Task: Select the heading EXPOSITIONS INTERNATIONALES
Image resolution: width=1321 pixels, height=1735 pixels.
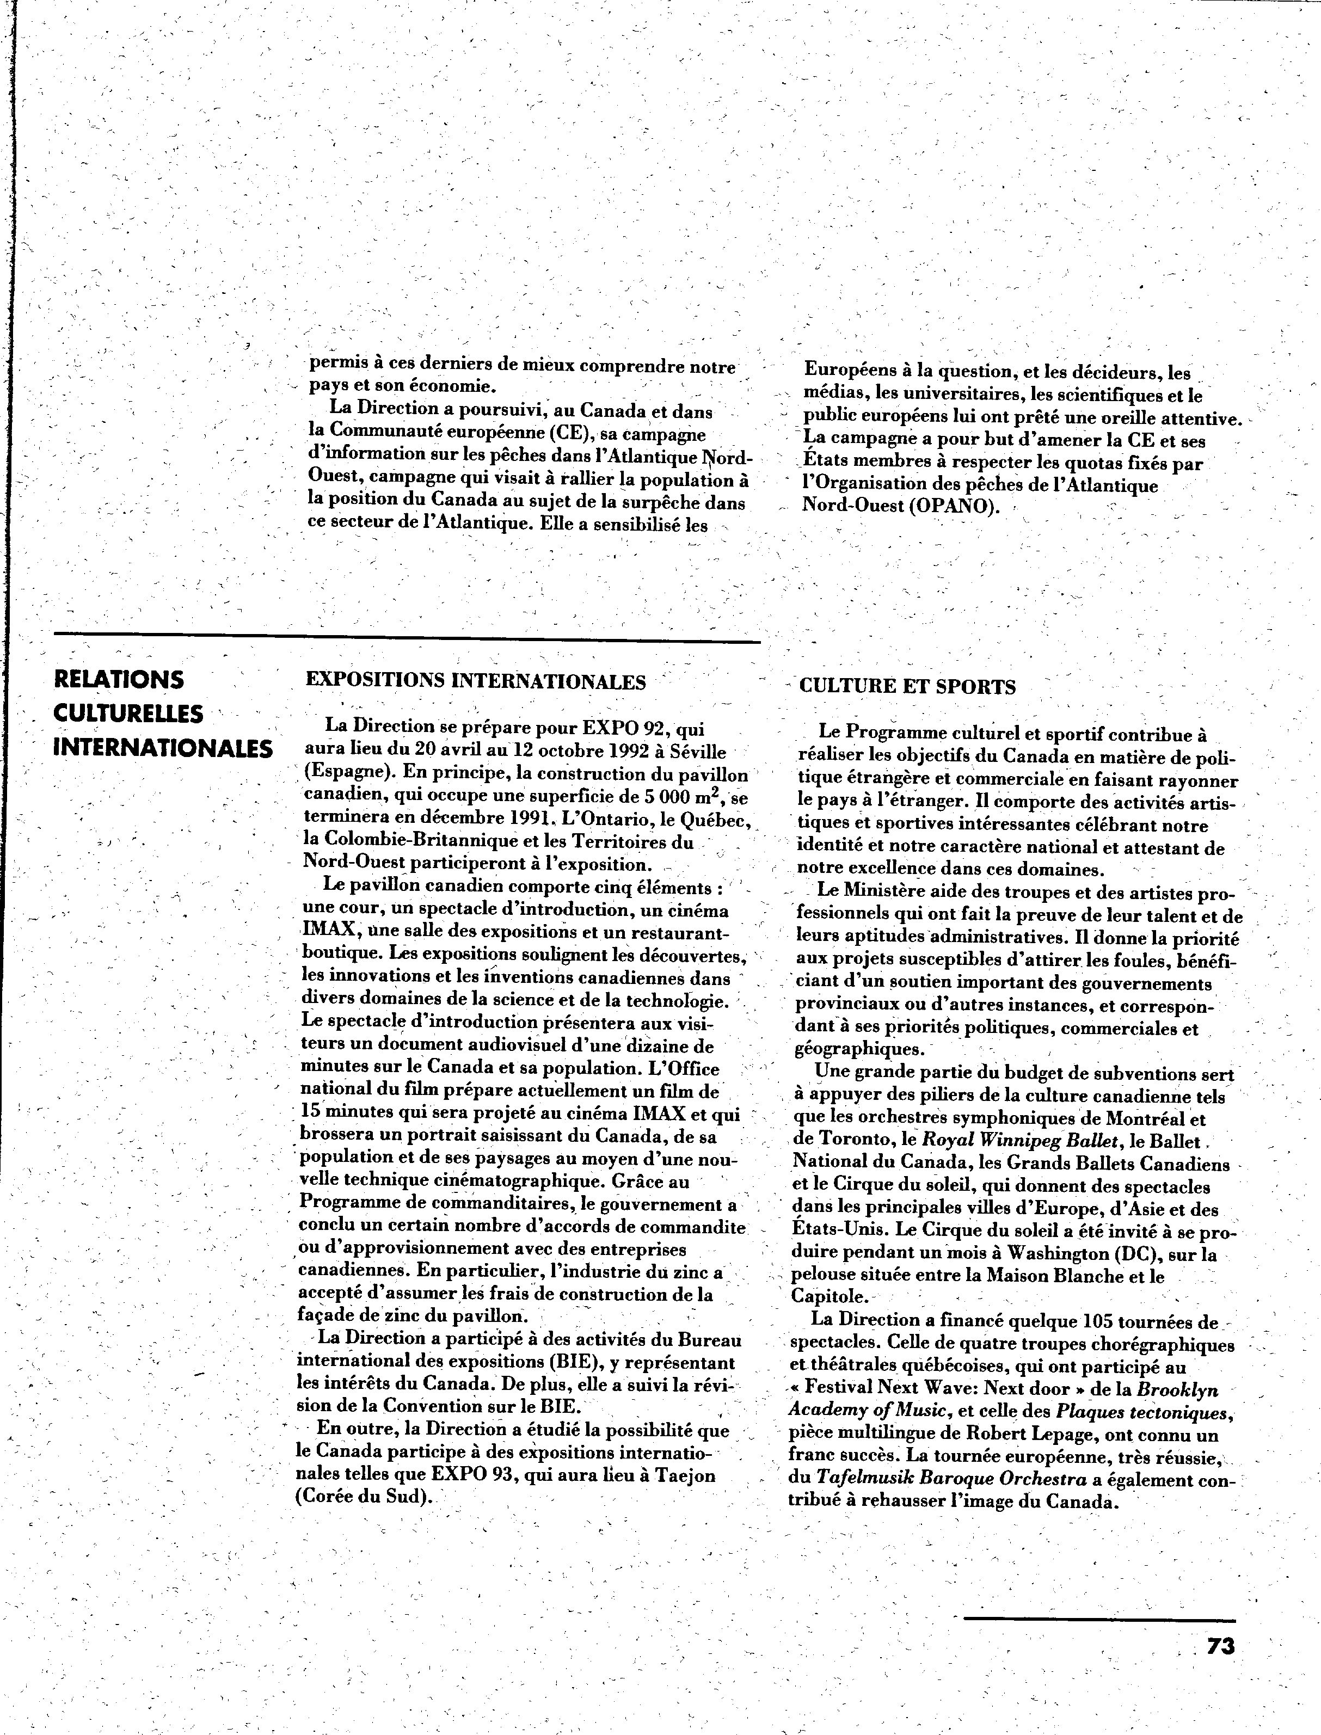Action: (x=475, y=681)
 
